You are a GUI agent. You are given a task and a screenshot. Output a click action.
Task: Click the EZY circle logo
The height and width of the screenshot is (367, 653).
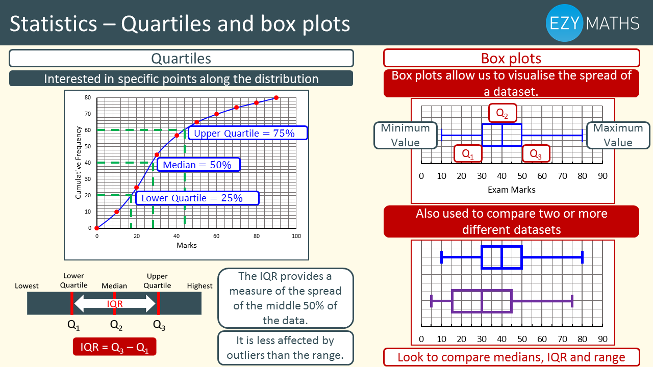pyautogui.click(x=564, y=23)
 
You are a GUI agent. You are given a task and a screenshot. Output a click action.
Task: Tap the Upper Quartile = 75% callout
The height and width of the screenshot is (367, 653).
pyautogui.click(x=248, y=133)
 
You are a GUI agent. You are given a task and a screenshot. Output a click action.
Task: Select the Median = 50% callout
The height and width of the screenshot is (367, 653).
pyautogui.click(x=198, y=165)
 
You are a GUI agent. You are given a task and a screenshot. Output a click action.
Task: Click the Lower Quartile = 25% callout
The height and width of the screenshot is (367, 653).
pyautogui.click(x=197, y=198)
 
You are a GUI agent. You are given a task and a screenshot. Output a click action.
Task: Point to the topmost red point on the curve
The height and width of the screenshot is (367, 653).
pyautogui.click(x=277, y=98)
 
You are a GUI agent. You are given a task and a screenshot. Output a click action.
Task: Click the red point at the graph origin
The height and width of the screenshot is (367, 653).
pyautogui.click(x=97, y=228)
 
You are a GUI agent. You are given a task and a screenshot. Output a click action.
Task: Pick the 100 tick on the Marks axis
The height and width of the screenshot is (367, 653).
pyautogui.click(x=296, y=236)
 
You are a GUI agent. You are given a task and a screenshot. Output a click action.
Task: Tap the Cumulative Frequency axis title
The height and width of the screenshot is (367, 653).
pyautogui.click(x=78, y=163)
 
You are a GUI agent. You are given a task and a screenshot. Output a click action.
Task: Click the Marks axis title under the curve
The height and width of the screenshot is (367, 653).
pyautogui.click(x=187, y=245)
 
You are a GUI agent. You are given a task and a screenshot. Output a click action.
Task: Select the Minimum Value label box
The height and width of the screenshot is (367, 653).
pyautogui.click(x=406, y=136)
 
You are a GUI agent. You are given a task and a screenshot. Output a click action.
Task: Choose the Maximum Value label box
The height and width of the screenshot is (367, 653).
pyautogui.click(x=618, y=136)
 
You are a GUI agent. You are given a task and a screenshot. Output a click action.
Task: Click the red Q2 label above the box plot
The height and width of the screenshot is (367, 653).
pyautogui.click(x=503, y=113)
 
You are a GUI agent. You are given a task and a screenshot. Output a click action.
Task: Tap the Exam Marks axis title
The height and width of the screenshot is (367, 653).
pyautogui.click(x=512, y=190)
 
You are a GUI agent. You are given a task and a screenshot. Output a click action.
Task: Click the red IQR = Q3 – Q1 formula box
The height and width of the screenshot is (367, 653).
pyautogui.click(x=115, y=347)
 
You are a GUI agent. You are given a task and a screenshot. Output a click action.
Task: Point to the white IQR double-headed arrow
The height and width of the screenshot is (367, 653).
pyautogui.click(x=115, y=303)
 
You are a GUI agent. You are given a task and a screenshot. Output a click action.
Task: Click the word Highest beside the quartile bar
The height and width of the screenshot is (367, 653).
pyautogui.click(x=199, y=286)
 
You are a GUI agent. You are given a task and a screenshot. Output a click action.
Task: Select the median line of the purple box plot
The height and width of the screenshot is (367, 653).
pyautogui.click(x=482, y=301)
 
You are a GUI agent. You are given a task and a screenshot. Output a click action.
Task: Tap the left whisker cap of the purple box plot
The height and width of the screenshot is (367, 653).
pyautogui.click(x=432, y=301)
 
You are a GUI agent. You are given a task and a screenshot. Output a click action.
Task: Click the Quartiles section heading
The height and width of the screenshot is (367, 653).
pyautogui.click(x=181, y=58)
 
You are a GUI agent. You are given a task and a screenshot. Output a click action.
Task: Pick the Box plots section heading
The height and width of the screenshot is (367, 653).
pyautogui.click(x=511, y=58)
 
